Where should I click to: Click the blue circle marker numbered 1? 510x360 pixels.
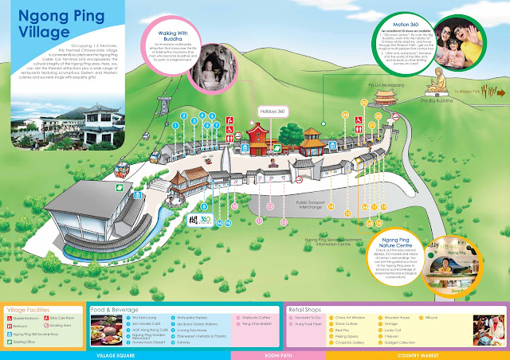coord(184,115)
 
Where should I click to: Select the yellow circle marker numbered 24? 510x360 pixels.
coord(345,115)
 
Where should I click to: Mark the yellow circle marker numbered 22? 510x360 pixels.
coord(364,104)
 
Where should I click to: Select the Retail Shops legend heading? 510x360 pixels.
coord(308,307)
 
